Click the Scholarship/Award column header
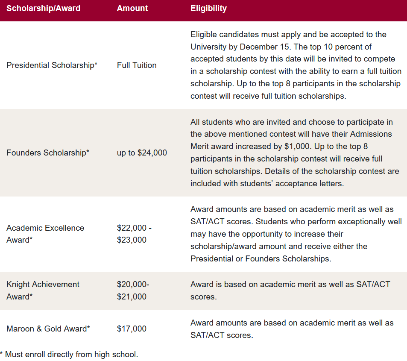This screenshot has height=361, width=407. coord(43,8)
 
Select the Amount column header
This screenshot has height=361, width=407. coord(132,8)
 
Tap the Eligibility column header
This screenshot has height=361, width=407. coord(208,8)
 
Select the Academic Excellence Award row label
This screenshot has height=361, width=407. coord(45,234)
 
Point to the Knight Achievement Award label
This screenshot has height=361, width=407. coord(43,291)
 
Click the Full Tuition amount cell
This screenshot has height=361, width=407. coord(137,65)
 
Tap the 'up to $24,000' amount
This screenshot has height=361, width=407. coord(142,153)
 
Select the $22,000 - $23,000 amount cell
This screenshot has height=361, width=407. coord(134,234)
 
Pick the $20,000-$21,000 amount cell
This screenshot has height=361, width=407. coord(133,291)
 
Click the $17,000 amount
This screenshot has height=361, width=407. coord(132,329)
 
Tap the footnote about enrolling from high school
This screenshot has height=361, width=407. coord(69,354)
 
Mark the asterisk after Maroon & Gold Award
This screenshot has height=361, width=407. coord(88,328)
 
